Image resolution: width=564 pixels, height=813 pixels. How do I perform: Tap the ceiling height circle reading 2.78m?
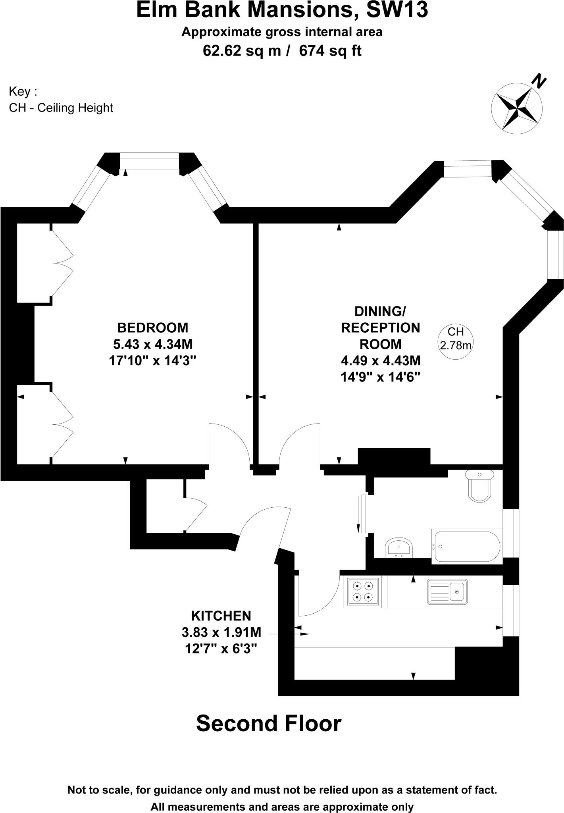(x=455, y=339)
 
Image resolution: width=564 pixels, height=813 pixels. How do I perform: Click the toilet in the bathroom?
(x=480, y=486)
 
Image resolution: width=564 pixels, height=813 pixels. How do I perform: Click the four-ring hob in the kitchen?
(x=363, y=591)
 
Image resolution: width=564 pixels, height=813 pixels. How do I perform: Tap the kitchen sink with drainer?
(x=447, y=591)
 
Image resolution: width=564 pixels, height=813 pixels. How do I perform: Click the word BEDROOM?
(x=153, y=328)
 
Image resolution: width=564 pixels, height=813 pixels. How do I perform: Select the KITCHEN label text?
(x=221, y=616)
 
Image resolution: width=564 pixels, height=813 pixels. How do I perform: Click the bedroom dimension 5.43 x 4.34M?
(x=153, y=344)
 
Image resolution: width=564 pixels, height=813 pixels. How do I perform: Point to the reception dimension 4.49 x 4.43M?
(x=381, y=360)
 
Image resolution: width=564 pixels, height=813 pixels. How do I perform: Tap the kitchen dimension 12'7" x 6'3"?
(x=221, y=649)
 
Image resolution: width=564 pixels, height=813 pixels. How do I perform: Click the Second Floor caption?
(x=269, y=723)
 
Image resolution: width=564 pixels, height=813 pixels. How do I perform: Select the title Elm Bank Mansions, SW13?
(x=282, y=11)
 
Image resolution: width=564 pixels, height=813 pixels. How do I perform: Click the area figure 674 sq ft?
(x=330, y=51)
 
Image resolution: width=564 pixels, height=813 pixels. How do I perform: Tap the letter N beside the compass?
(x=539, y=82)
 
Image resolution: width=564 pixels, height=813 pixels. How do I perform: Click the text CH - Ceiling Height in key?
(x=61, y=108)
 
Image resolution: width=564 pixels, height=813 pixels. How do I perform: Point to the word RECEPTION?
(x=381, y=328)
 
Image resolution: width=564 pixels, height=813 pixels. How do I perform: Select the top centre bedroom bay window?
(x=149, y=161)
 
